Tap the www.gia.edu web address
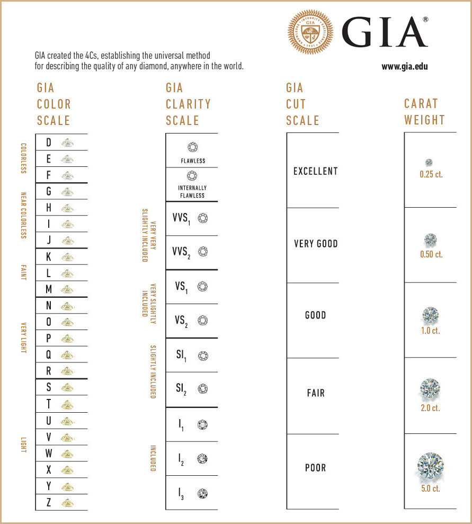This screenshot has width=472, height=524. coord(404,67)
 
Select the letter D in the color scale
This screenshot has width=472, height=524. coord(49,143)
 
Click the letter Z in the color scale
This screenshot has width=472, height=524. coord(49,502)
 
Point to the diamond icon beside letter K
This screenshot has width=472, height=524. coord(67,257)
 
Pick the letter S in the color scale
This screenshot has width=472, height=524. coord(49,388)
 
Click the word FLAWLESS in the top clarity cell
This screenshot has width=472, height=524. coord(192,161)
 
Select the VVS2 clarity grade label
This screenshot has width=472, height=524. coord(181,252)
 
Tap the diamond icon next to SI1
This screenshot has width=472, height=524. coord(203,356)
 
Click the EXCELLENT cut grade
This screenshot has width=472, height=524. coord(315,171)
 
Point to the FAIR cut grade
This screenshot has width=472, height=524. coord(315,393)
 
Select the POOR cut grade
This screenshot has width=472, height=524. coord(315,468)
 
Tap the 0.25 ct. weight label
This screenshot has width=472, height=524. coord(430,174)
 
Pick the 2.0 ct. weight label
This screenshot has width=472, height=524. coord(430,408)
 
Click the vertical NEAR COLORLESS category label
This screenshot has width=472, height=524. coord(23,215)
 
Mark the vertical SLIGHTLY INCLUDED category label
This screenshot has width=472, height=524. coord(153,372)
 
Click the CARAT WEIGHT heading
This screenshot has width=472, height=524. coord(424,111)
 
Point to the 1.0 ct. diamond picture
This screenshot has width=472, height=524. coord(430,316)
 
